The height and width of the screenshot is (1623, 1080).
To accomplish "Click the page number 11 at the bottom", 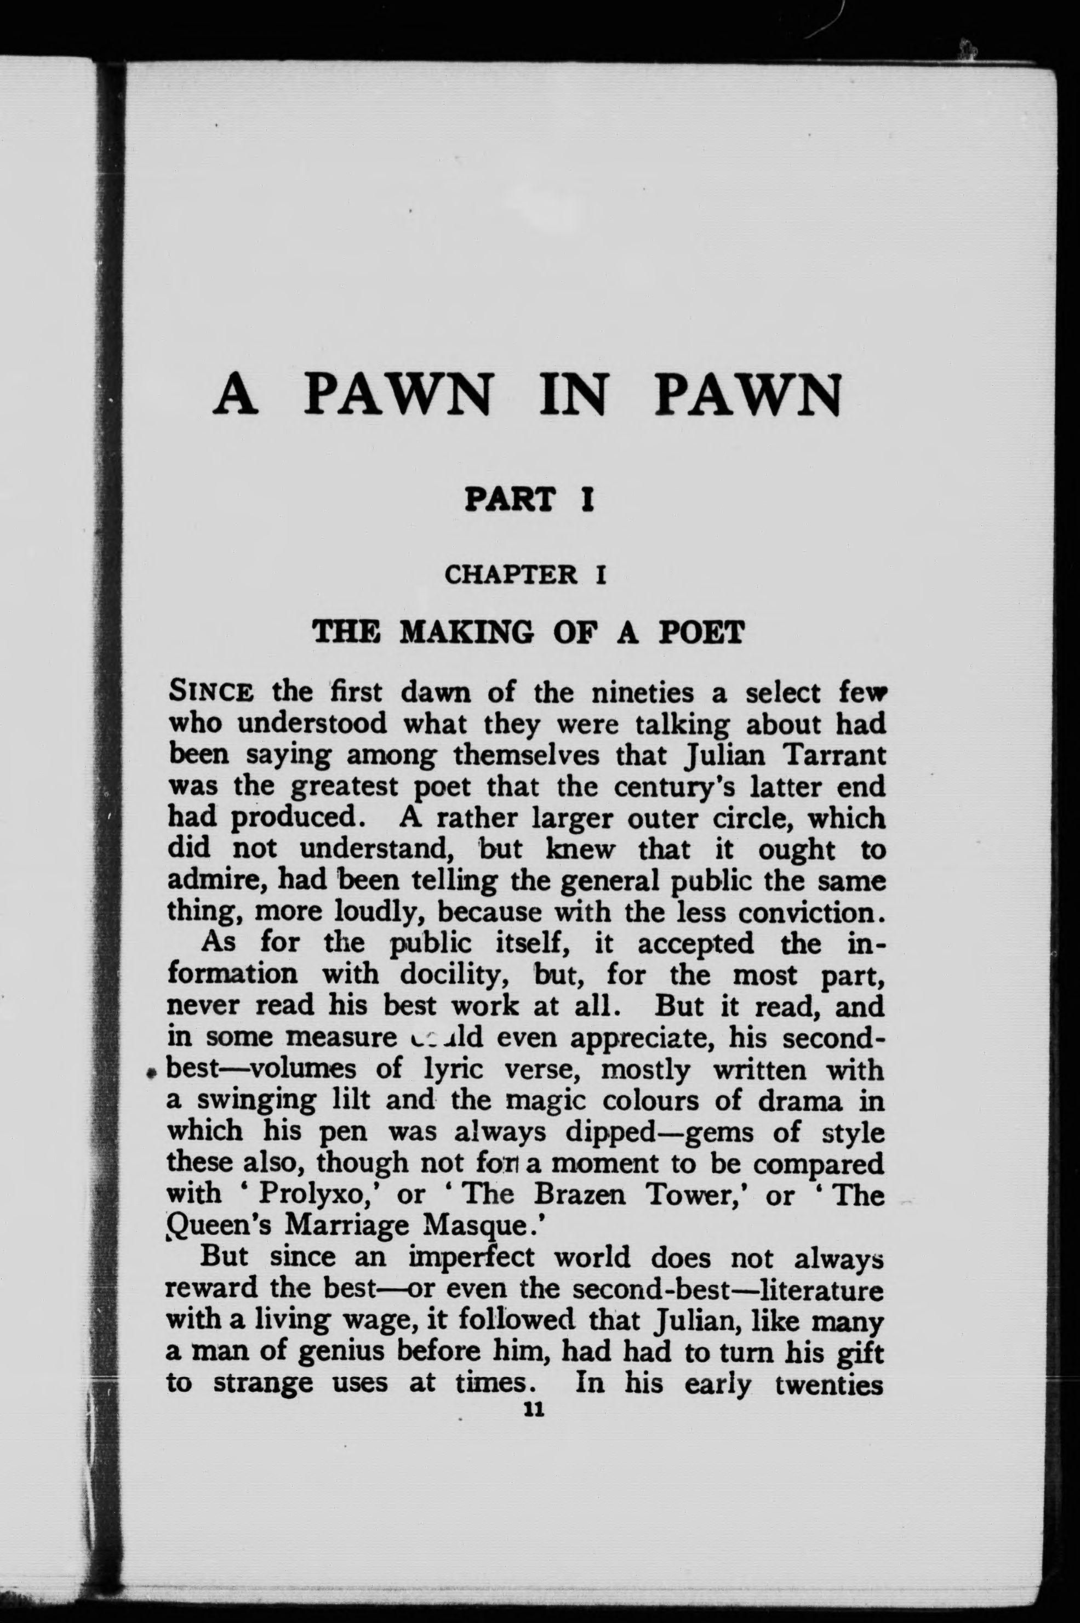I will point(534,1410).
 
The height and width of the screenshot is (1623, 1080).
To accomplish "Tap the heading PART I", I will point(529,499).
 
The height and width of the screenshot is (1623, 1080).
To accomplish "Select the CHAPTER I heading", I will point(525,574).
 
